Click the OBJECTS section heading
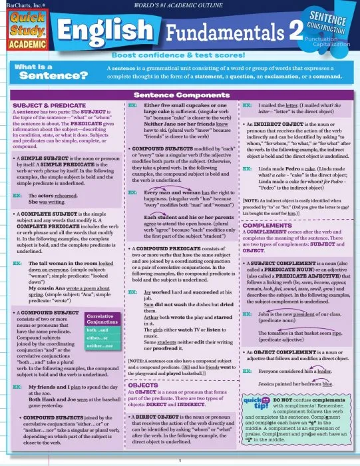(142, 385)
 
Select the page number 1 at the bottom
(180, 461)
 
